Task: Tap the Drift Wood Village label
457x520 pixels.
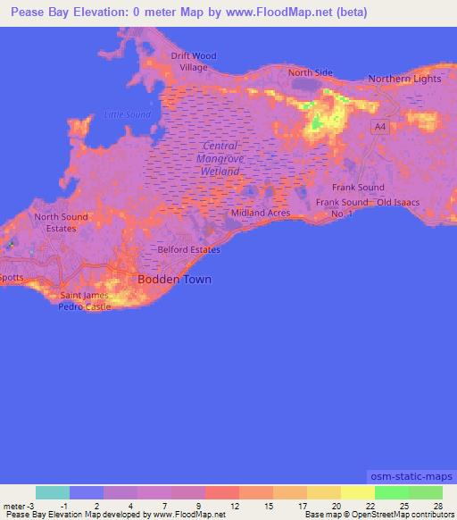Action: [x=194, y=62]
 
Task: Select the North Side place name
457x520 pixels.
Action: [x=309, y=72]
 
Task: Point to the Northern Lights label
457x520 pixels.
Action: [x=404, y=79]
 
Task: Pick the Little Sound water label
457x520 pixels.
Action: [x=127, y=114]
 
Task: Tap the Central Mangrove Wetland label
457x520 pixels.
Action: [x=220, y=158]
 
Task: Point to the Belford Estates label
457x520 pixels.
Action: [x=188, y=249]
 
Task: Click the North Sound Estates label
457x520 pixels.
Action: [x=61, y=222]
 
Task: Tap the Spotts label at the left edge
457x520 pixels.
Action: [x=11, y=279]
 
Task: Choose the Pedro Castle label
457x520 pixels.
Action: [x=85, y=306]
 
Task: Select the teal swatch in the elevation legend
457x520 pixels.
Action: [x=53, y=492]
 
